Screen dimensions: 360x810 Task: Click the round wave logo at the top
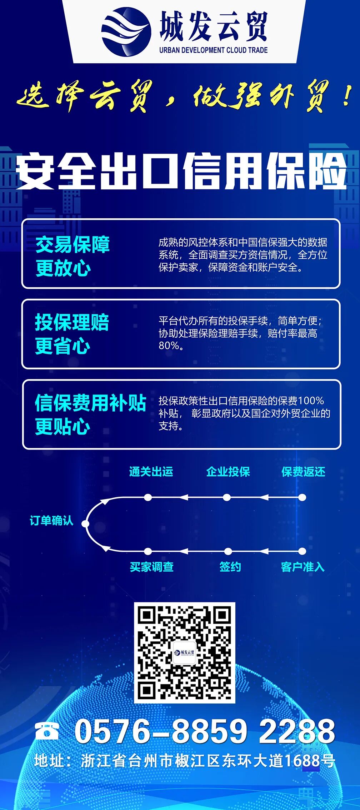[126, 32]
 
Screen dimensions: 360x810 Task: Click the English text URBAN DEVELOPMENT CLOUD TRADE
[213, 50]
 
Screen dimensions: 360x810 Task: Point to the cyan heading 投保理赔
[72, 322]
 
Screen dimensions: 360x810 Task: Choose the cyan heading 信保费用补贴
[91, 403]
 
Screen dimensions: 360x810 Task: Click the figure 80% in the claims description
[168, 346]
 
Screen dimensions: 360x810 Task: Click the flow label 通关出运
[151, 472]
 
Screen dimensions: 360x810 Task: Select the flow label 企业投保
[228, 472]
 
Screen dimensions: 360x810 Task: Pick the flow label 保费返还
[303, 472]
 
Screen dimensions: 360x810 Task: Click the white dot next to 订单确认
[85, 524]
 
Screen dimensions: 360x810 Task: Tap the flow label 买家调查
[151, 567]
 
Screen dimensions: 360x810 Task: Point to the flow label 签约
[230, 567]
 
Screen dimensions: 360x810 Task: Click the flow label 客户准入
[302, 567]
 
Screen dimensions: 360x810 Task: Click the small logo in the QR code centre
[184, 652]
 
